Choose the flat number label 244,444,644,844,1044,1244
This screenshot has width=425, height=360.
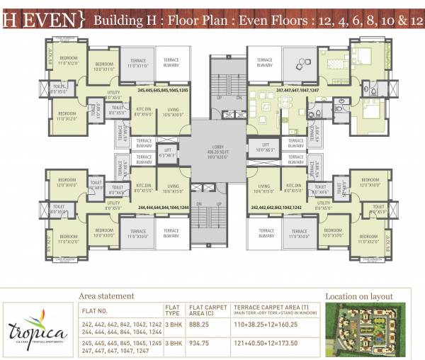point(163,207)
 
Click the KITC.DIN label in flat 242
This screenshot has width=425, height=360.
point(292,189)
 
